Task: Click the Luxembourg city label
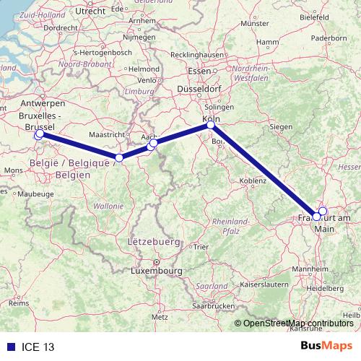[x=155, y=271]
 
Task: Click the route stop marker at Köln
[x=211, y=125]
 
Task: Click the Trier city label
[x=200, y=247]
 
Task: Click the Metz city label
[x=159, y=317]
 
